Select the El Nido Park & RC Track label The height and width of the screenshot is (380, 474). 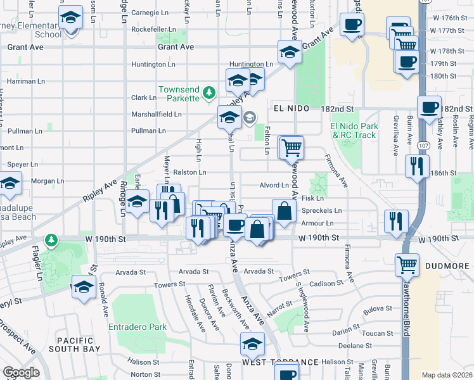point(353,130)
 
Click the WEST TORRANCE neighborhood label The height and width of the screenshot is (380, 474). point(279,362)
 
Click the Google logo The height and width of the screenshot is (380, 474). point(21,372)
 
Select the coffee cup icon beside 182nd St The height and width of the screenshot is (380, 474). point(429,106)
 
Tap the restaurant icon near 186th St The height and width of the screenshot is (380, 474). point(416,167)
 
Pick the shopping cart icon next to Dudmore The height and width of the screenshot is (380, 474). point(407,264)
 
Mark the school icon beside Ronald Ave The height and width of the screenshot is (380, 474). point(83,287)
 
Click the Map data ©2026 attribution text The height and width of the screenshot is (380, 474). point(447,375)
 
